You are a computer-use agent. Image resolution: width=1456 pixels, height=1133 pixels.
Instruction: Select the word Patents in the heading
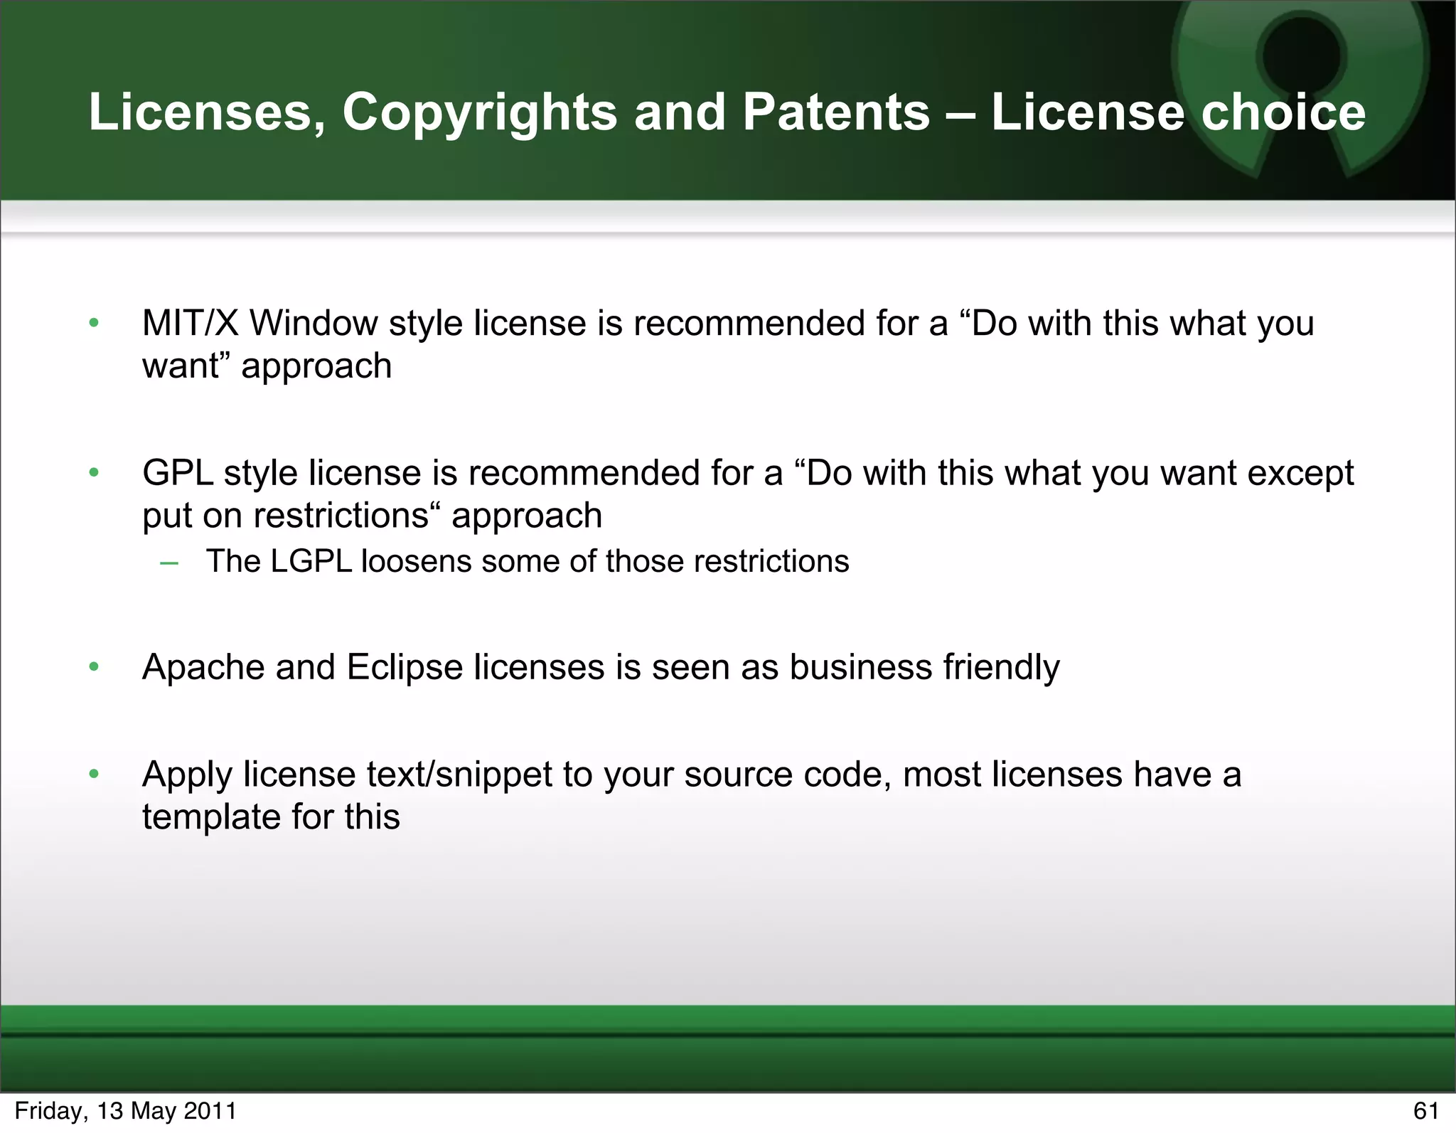(x=836, y=112)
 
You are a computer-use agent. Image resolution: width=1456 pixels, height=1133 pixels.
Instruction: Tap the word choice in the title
(x=1283, y=112)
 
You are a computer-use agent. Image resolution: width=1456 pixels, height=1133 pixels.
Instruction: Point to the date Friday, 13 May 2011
(x=126, y=1110)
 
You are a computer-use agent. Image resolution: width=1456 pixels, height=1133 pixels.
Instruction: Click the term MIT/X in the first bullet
(x=190, y=324)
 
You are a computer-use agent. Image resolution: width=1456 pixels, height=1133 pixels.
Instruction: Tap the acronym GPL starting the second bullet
(x=178, y=473)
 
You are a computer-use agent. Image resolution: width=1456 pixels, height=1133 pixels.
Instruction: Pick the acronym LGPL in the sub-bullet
(x=311, y=561)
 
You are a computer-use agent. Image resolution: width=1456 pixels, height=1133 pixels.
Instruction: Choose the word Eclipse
(x=405, y=668)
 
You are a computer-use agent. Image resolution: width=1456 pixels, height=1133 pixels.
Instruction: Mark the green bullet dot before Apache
(x=94, y=667)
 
